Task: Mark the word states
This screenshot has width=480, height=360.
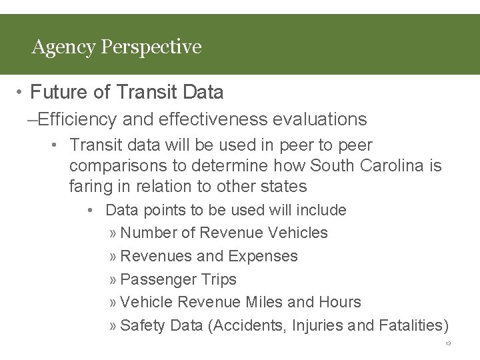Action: coord(283,187)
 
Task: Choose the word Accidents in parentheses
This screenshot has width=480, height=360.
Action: coord(243,326)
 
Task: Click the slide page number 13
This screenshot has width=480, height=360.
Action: coord(448,344)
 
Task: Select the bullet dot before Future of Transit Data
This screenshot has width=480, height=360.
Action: coord(21,92)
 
